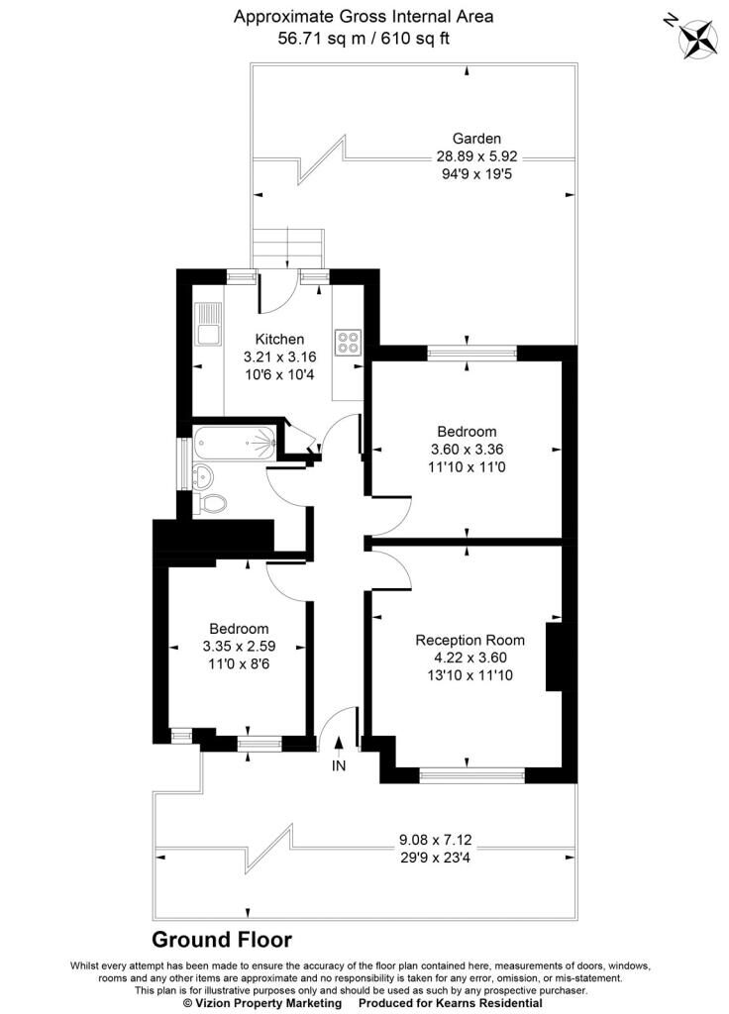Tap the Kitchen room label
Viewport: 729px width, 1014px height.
tap(279, 339)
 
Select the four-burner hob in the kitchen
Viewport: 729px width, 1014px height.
tap(348, 342)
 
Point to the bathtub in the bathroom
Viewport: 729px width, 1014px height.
tap(236, 444)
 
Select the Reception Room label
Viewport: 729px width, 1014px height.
tap(469, 641)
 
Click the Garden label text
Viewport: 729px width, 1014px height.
tap(476, 139)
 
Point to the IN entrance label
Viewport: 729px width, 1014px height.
tap(339, 766)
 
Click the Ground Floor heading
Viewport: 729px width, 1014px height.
tap(222, 939)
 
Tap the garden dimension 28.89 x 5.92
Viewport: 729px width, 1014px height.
tap(477, 156)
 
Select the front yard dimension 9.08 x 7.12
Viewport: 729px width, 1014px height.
tap(436, 841)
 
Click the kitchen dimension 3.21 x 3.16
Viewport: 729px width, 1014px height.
tap(279, 356)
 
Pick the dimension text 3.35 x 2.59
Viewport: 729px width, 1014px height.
tap(239, 646)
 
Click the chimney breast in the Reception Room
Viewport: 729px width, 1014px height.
tap(555, 658)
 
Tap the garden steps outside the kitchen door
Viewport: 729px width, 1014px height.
tap(288, 249)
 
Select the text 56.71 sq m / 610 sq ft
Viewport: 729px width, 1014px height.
tap(364, 39)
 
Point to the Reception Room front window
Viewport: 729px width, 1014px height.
tap(472, 774)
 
